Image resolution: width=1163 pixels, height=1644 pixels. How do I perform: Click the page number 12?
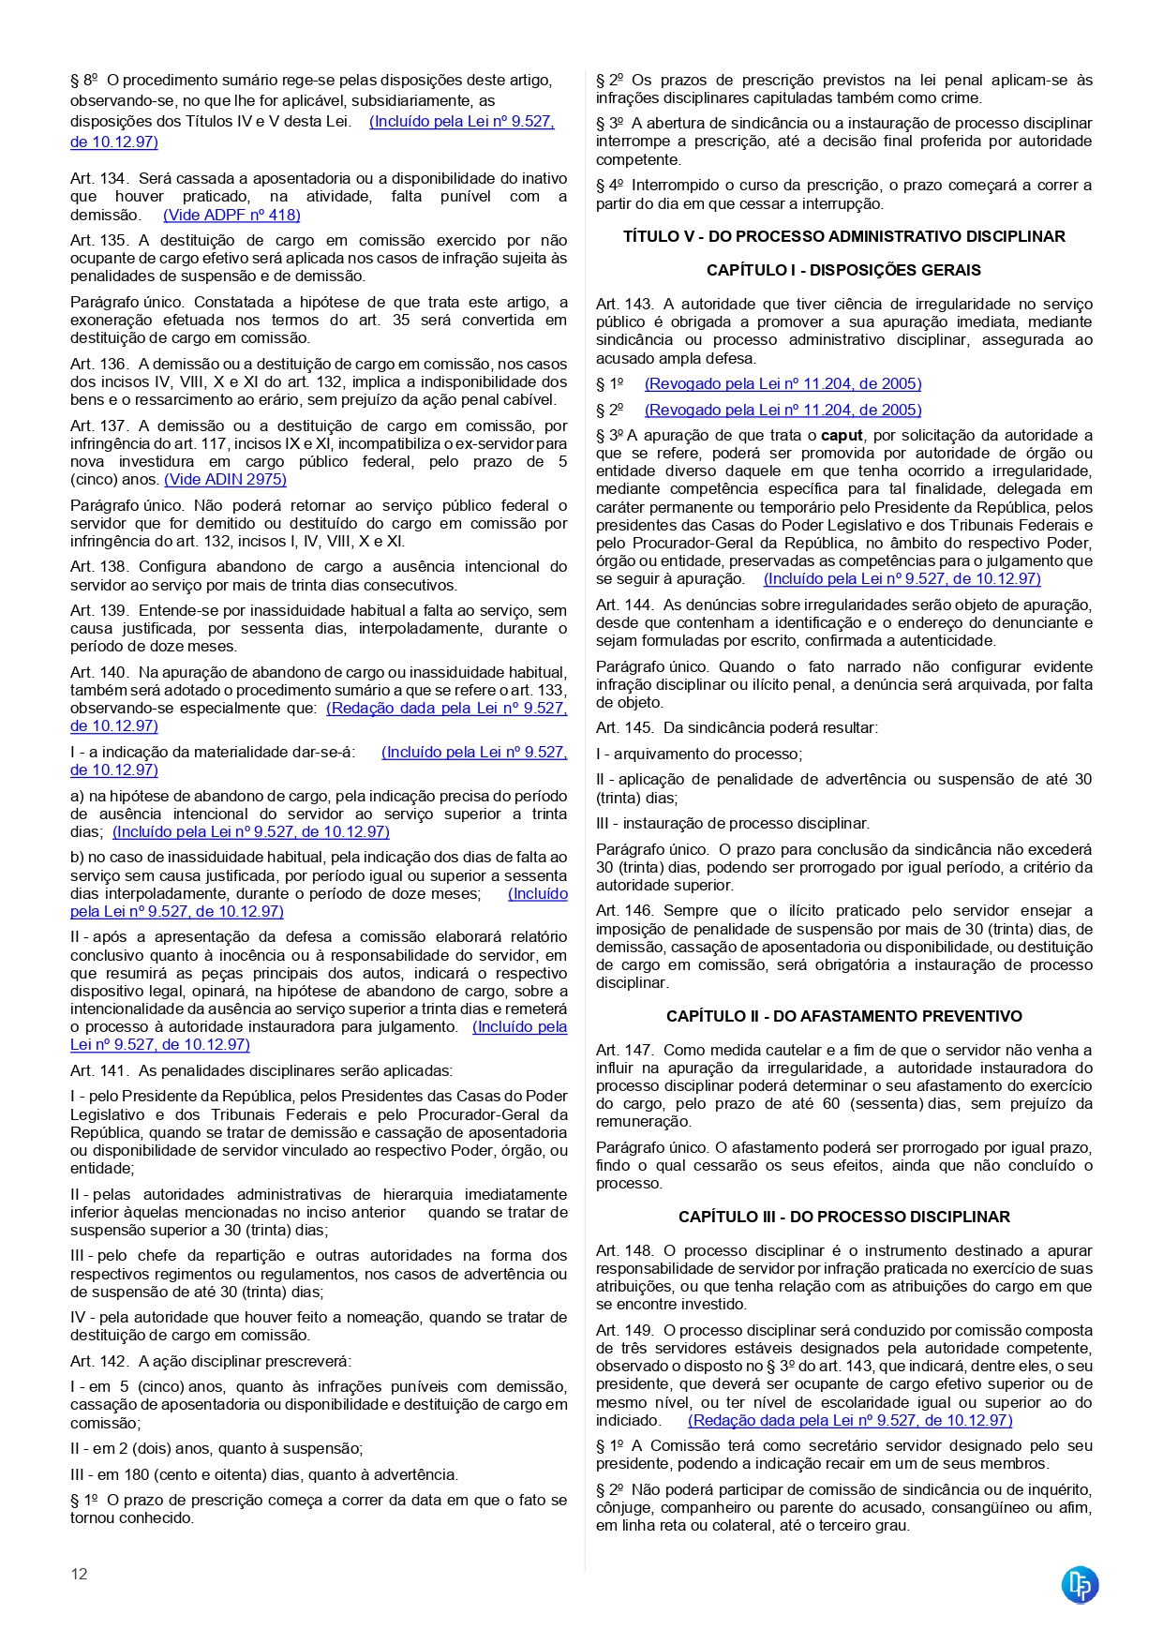coord(79,1574)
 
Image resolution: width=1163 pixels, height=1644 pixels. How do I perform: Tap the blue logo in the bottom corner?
coord(1080,1585)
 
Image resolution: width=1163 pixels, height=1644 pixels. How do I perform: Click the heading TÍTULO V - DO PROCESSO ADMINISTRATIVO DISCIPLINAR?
coord(843,236)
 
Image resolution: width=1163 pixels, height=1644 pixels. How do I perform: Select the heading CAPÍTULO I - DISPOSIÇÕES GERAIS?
coord(843,270)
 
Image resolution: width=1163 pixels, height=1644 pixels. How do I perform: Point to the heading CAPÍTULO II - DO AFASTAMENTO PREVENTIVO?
coord(843,1016)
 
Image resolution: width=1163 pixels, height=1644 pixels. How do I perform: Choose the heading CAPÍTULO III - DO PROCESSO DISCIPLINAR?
coord(843,1217)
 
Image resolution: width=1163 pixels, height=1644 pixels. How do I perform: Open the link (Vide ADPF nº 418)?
coord(231,215)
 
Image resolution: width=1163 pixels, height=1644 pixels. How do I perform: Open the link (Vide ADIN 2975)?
coord(225,479)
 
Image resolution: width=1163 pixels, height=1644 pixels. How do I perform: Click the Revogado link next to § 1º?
coord(783,383)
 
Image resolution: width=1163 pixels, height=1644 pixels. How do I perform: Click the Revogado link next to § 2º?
coord(783,410)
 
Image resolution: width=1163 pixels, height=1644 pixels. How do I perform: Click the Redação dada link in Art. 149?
coord(849,1420)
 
